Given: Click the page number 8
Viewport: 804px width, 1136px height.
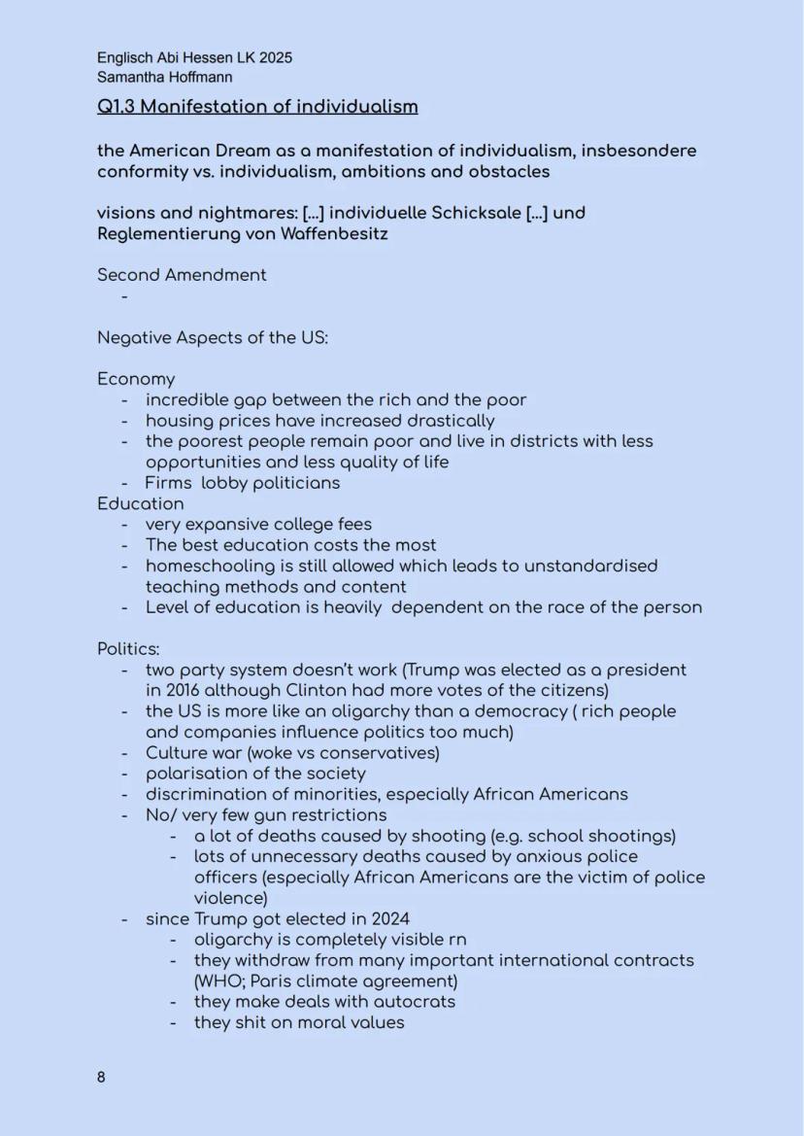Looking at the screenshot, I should click(101, 1078).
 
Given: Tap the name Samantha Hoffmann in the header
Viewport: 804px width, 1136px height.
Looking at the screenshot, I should click(164, 77).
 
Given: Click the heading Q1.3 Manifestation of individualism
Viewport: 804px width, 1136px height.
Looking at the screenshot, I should click(257, 106).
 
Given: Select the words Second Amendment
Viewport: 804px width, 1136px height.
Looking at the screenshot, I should click(182, 275).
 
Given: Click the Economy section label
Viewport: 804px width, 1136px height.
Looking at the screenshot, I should click(136, 379).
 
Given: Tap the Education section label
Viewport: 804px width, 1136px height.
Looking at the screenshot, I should click(140, 503).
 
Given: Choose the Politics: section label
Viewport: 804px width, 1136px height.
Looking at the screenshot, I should click(128, 649).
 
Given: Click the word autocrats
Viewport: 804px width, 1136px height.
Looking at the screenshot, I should click(414, 1001).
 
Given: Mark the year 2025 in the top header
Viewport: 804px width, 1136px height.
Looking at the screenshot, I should click(275, 57).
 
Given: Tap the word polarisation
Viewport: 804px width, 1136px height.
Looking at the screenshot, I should click(200, 774).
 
